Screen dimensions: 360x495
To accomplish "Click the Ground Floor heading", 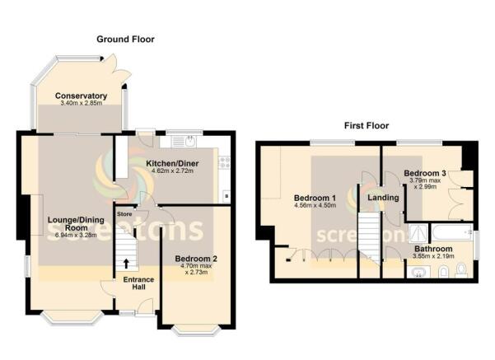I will pyautogui.click(x=126, y=39).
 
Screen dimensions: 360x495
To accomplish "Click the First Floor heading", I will pyautogui.click(x=367, y=126).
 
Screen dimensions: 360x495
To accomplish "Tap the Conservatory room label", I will pyautogui.click(x=82, y=96).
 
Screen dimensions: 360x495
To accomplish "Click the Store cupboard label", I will pyautogui.click(x=124, y=215).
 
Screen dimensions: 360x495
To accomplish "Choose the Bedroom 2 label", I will pyautogui.click(x=195, y=258).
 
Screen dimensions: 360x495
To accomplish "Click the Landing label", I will pyautogui.click(x=383, y=198).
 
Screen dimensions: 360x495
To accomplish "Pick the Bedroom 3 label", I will pyautogui.click(x=425, y=173).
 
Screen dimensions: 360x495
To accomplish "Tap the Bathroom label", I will pyautogui.click(x=432, y=249).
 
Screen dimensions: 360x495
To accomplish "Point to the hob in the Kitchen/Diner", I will pyautogui.click(x=222, y=163).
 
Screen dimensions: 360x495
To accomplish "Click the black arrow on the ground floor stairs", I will pyautogui.click(x=126, y=264).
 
